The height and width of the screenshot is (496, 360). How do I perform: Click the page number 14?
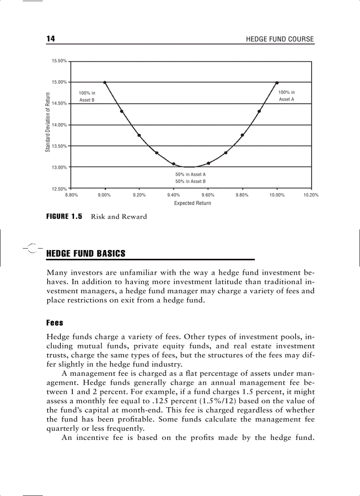click(x=51, y=39)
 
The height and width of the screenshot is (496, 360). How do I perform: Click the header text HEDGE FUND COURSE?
click(x=280, y=39)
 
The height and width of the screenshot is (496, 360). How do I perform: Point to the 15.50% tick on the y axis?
click(x=59, y=61)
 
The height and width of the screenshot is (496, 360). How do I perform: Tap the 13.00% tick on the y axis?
click(x=59, y=167)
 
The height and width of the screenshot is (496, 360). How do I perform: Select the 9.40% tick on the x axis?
click(x=174, y=195)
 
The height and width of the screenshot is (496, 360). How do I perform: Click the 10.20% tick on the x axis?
click(x=311, y=195)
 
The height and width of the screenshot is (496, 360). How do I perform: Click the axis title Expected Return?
click(x=192, y=203)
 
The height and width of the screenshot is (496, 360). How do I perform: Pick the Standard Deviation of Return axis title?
click(x=47, y=122)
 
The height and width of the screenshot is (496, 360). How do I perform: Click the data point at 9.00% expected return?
click(x=105, y=82)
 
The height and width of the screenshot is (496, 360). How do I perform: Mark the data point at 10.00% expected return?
click(x=277, y=82)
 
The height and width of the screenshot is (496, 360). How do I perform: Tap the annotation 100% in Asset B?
click(x=87, y=96)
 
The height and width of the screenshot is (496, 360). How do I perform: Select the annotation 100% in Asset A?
click(x=286, y=96)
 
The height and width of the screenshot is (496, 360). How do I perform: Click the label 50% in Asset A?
click(x=191, y=174)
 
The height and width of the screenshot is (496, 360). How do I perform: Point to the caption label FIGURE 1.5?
click(x=64, y=216)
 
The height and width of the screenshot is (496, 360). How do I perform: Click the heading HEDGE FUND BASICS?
click(x=86, y=254)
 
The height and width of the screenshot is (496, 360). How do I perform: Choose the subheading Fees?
click(x=55, y=323)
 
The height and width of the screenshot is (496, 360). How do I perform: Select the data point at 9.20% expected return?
click(x=139, y=135)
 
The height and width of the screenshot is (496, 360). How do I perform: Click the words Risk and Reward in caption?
click(x=119, y=217)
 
